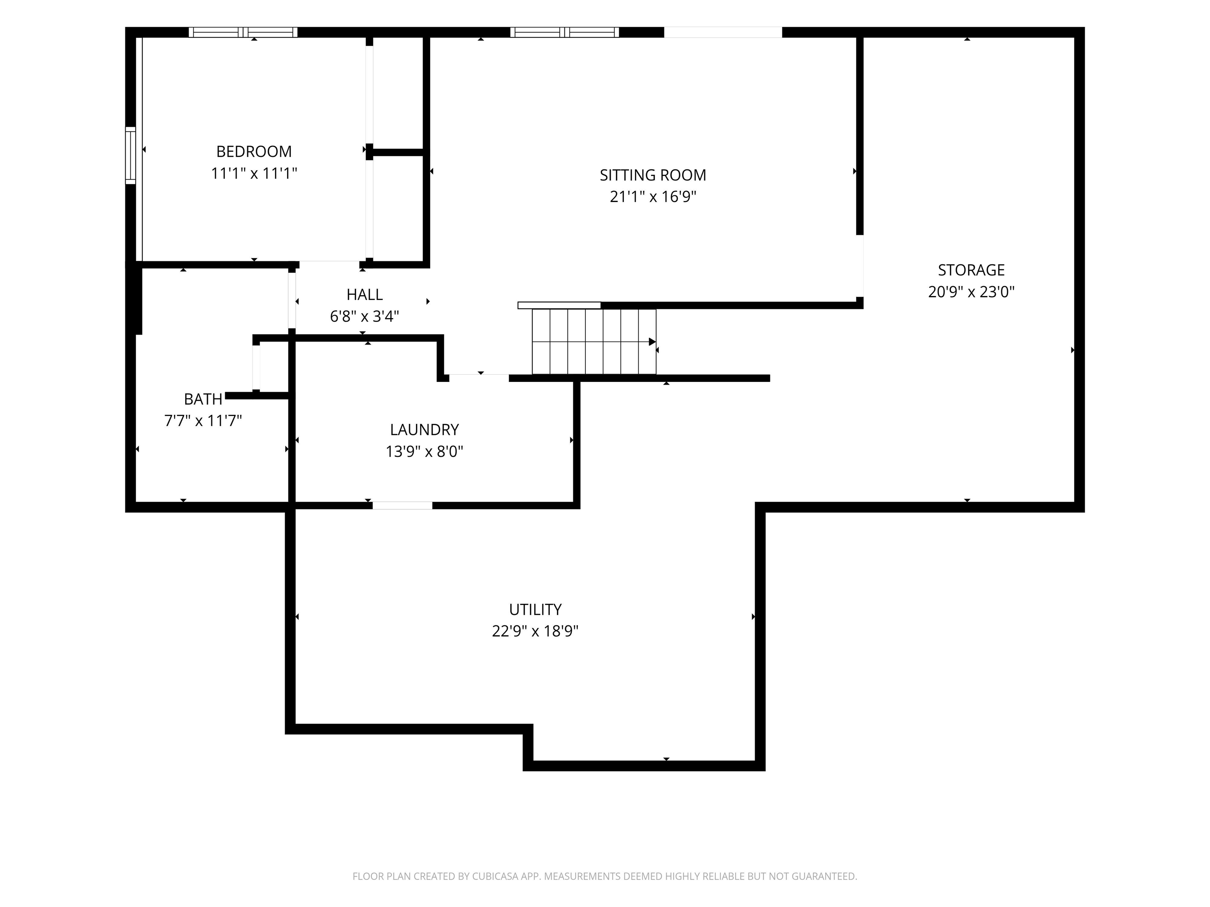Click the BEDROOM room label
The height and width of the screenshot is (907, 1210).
pos(254,152)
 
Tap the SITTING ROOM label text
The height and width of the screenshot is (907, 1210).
pos(653,176)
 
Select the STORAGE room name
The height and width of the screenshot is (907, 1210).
pos(971,270)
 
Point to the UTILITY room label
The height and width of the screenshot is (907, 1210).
pos(535,609)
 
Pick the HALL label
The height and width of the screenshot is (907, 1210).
pos(364,295)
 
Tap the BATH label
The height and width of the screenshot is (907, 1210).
pos(203,399)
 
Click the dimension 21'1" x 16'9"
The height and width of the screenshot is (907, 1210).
pos(653,197)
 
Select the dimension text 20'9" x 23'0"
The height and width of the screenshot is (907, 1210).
pos(971,292)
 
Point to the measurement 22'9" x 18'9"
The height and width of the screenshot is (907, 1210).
pos(535,631)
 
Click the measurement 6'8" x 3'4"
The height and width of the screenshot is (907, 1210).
pos(364,317)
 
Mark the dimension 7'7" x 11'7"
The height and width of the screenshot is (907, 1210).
pos(203,421)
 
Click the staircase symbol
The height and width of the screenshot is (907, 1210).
pos(594,342)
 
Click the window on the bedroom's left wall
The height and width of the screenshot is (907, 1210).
pos(130,155)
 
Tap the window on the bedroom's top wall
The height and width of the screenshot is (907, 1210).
pos(243,32)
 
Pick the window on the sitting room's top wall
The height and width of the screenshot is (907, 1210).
pos(564,32)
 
